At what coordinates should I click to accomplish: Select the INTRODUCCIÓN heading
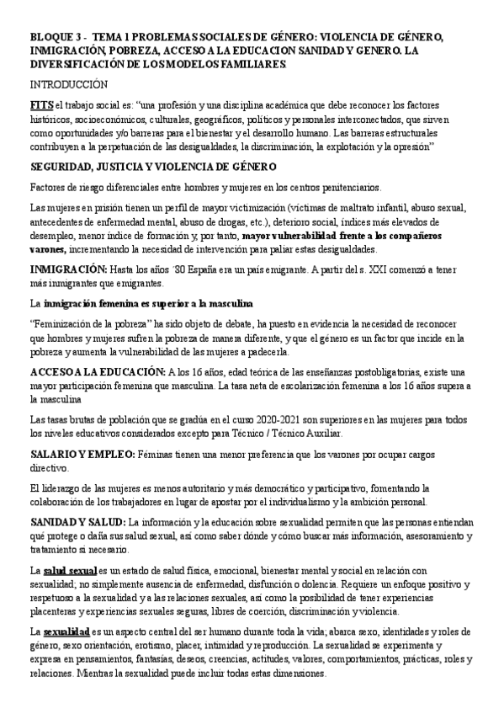coord(70,86)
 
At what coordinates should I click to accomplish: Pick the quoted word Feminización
coord(69,324)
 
